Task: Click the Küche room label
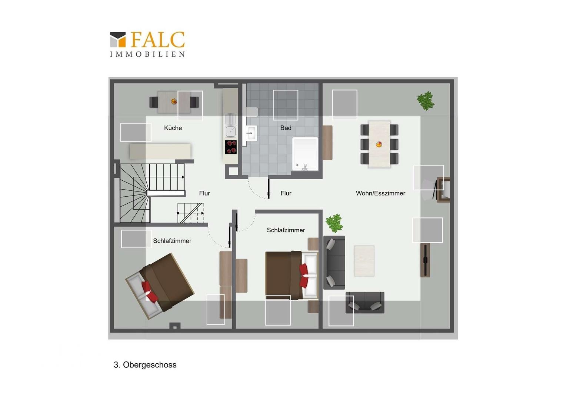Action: click(173, 128)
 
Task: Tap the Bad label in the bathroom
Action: click(286, 128)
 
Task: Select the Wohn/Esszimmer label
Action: click(380, 193)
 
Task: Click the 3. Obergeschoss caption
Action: click(145, 365)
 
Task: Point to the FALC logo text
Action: click(158, 40)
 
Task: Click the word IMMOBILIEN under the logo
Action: click(147, 54)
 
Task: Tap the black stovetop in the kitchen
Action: click(231, 147)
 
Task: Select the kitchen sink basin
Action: click(230, 131)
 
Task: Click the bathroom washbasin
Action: click(251, 133)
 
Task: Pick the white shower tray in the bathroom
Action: click(305, 154)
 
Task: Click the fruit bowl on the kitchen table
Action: click(174, 101)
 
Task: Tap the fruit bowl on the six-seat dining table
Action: click(379, 144)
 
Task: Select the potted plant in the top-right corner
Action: click(426, 101)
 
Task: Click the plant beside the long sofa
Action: click(334, 223)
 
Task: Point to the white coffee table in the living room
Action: click(364, 261)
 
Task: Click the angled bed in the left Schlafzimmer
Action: click(160, 286)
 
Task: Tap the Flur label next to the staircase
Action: click(204, 193)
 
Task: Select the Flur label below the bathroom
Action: click(286, 193)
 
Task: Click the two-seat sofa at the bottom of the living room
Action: click(365, 303)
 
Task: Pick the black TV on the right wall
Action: click(426, 260)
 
